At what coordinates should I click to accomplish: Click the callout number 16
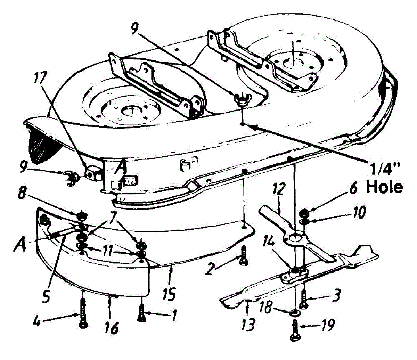[x=112, y=328]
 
